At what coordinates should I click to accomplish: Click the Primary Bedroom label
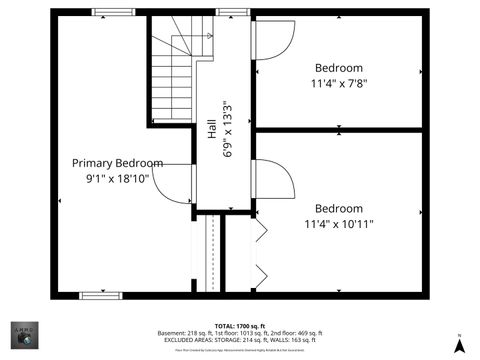117,163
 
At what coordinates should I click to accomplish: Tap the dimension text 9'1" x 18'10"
117,178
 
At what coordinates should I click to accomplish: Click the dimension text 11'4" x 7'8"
338,84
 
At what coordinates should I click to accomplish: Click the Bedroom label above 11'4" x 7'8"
338,69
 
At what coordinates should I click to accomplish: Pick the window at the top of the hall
232,13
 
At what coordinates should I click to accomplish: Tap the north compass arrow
459,345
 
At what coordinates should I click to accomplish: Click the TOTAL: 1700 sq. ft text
240,326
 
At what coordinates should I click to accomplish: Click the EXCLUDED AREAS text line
240,340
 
